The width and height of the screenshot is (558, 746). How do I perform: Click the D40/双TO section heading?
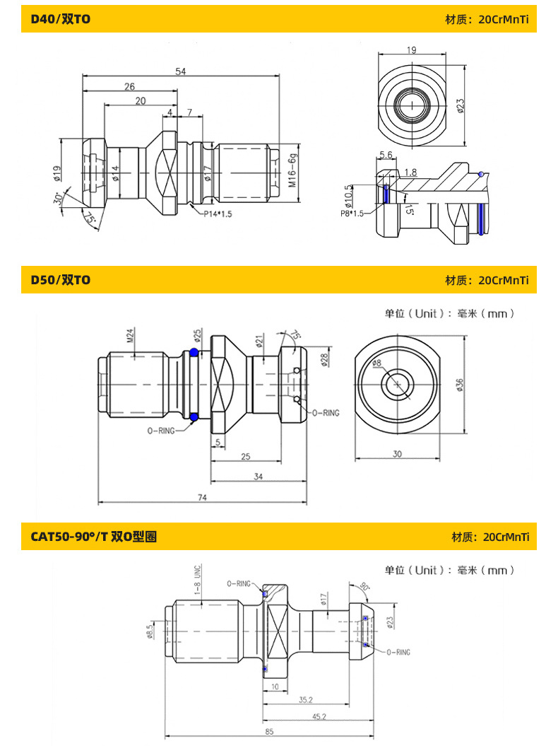pos(60,19)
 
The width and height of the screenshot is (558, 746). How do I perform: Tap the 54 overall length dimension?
pos(181,71)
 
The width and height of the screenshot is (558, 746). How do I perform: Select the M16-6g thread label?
pos(292,170)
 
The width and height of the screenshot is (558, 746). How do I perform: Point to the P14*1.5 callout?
pos(218,214)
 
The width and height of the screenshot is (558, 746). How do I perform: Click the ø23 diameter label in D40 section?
pos(460,105)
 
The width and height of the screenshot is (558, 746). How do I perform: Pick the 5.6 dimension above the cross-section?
pos(386,155)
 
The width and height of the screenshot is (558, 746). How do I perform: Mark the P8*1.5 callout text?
pos(352,214)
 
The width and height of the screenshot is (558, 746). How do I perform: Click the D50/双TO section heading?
pos(60,280)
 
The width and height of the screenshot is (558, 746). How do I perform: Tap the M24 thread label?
pos(130,335)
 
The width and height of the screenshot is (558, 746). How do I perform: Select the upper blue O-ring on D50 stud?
pos(194,353)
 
